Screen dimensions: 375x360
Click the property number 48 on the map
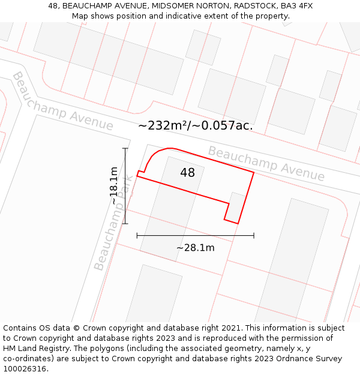pyautogui.click(x=187, y=173)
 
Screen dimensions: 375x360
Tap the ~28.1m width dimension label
pyautogui.click(x=195, y=247)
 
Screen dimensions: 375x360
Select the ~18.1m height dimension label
pyautogui.click(x=114, y=186)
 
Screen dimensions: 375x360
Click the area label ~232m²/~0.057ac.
pyautogui.click(x=196, y=126)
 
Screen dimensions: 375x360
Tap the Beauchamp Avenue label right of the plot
pyautogui.click(x=266, y=163)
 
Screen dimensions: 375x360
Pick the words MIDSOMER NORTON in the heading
pyautogui.click(x=179, y=6)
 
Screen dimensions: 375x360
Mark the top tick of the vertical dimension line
pyautogui.click(x=125, y=148)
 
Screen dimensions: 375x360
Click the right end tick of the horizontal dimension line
pyautogui.click(x=254, y=235)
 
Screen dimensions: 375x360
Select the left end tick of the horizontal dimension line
pyautogui.click(x=137, y=235)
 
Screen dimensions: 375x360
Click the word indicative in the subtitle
pyautogui.click(x=185, y=16)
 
